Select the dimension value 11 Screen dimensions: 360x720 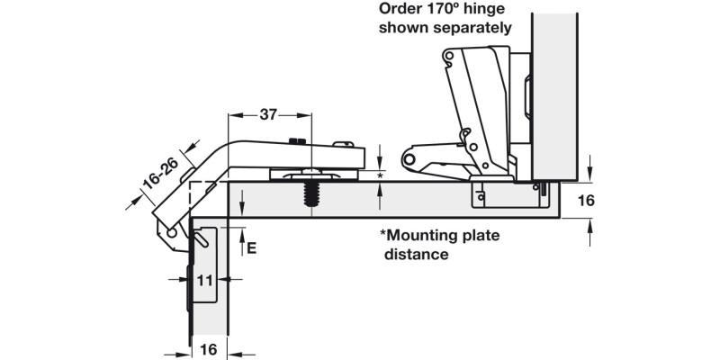[204, 281]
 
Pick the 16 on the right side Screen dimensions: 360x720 [585, 201]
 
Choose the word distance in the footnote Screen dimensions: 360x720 [417, 255]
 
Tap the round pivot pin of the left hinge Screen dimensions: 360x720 [170, 232]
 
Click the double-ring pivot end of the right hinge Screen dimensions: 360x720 [412, 160]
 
